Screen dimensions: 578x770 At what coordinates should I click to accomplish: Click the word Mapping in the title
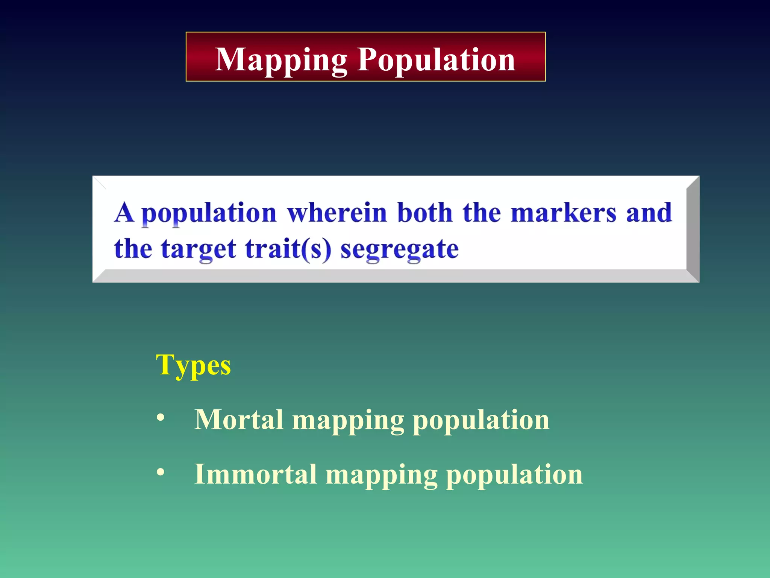click(x=281, y=60)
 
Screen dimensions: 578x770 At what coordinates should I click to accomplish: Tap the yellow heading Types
click(x=193, y=365)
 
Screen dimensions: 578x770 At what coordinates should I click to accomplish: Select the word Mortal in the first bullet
click(x=239, y=420)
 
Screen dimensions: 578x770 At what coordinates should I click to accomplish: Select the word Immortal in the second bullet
click(x=256, y=474)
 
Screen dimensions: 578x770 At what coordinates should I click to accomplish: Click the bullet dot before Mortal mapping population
click(x=161, y=417)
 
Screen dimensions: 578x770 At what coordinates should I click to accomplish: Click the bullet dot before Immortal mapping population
click(x=161, y=472)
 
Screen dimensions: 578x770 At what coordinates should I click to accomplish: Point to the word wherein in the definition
click(x=337, y=213)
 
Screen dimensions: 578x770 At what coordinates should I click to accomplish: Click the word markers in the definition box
click(x=563, y=213)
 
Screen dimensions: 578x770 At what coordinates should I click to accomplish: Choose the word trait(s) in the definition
click(x=288, y=249)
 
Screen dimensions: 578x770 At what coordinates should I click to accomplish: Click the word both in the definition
click(x=424, y=213)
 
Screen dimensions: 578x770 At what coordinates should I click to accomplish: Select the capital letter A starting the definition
click(x=124, y=213)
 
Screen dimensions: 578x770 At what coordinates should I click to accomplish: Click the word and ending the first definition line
click(x=649, y=213)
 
